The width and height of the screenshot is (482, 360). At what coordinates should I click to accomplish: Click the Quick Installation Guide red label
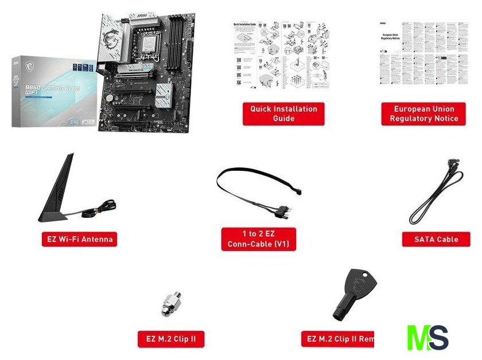(283, 114)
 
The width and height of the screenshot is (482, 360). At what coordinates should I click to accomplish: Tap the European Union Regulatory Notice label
(423, 114)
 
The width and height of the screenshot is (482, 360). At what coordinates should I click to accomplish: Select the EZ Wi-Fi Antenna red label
(79, 239)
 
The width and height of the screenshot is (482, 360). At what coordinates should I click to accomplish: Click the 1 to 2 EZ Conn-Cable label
(259, 239)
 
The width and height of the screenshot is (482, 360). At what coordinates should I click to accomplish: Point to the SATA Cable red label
(436, 239)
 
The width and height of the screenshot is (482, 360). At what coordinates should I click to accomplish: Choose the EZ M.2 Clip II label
(171, 339)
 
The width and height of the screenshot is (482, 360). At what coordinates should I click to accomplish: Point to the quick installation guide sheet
(281, 55)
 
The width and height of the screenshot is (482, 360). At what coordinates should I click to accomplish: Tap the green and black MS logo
(427, 338)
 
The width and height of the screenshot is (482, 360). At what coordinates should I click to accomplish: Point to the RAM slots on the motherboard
(179, 38)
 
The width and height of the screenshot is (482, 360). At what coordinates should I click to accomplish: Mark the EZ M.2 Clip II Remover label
(339, 339)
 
